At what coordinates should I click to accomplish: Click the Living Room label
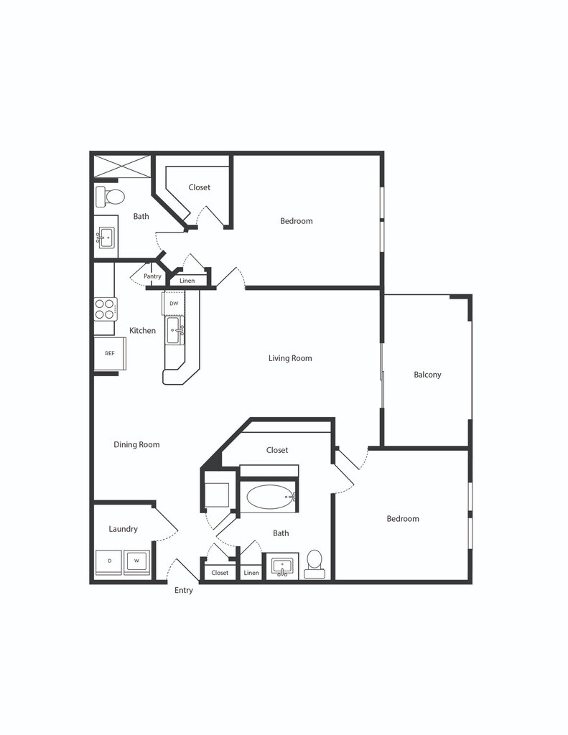pyautogui.click(x=290, y=358)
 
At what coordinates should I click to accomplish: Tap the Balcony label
pyautogui.click(x=427, y=375)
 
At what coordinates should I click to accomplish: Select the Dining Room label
pyautogui.click(x=136, y=445)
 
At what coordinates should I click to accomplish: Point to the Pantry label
pyautogui.click(x=152, y=276)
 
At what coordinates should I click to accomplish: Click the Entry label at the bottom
pyautogui.click(x=184, y=591)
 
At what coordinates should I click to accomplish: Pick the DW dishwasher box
pyautogui.click(x=174, y=304)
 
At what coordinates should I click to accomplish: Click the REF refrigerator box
pyautogui.click(x=110, y=353)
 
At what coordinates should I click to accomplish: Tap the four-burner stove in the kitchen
pyautogui.click(x=105, y=309)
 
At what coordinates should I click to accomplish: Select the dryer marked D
pyautogui.click(x=109, y=561)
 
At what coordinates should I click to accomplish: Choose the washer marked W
pyautogui.click(x=136, y=561)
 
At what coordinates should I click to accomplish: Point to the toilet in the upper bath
pyautogui.click(x=111, y=196)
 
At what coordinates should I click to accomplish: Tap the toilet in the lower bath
pyautogui.click(x=315, y=563)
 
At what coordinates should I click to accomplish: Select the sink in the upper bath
pyautogui.click(x=106, y=236)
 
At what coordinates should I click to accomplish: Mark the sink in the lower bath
pyautogui.click(x=283, y=566)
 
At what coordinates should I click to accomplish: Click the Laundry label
pyautogui.click(x=123, y=530)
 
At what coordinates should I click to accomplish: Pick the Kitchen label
pyautogui.click(x=142, y=331)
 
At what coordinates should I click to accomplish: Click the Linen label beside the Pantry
pyautogui.click(x=187, y=281)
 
